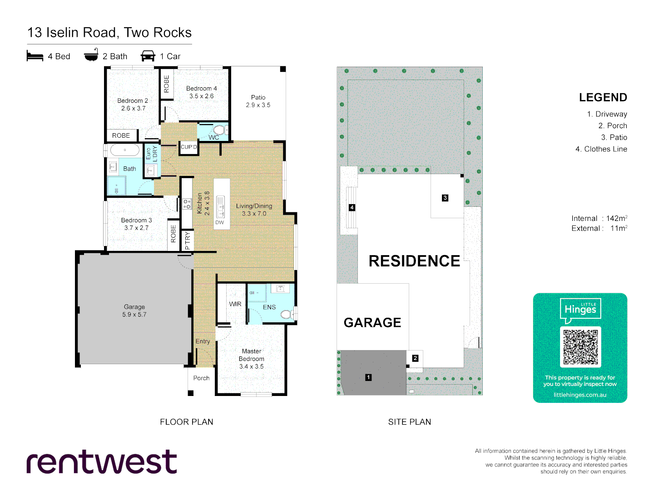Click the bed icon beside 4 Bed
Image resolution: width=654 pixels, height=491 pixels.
click(x=35, y=56)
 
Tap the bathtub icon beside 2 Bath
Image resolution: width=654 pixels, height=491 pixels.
click(x=91, y=55)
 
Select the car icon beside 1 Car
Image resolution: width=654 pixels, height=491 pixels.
click(x=148, y=56)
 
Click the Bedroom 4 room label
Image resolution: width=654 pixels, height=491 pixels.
click(x=201, y=92)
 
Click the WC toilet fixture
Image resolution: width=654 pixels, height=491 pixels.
click(x=219, y=130)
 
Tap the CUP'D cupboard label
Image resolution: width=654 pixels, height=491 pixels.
click(x=189, y=147)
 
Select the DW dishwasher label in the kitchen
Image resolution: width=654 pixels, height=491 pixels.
click(x=220, y=222)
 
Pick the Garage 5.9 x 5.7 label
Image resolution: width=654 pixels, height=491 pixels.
click(x=134, y=311)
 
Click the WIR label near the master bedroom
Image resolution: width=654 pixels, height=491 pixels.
click(x=235, y=304)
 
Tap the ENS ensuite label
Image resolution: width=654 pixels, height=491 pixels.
click(x=269, y=307)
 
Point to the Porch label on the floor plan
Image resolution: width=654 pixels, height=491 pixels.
click(x=201, y=378)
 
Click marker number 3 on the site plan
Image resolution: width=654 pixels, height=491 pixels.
click(x=445, y=198)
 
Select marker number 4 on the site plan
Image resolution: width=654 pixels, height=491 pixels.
click(x=352, y=207)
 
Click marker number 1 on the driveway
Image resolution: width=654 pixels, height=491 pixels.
click(x=368, y=377)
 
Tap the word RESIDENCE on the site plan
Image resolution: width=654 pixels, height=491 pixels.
click(x=414, y=261)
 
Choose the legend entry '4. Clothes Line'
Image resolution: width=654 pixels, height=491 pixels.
click(x=601, y=149)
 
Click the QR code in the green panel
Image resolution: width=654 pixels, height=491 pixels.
click(x=580, y=347)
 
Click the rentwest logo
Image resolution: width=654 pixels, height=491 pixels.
click(x=102, y=462)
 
